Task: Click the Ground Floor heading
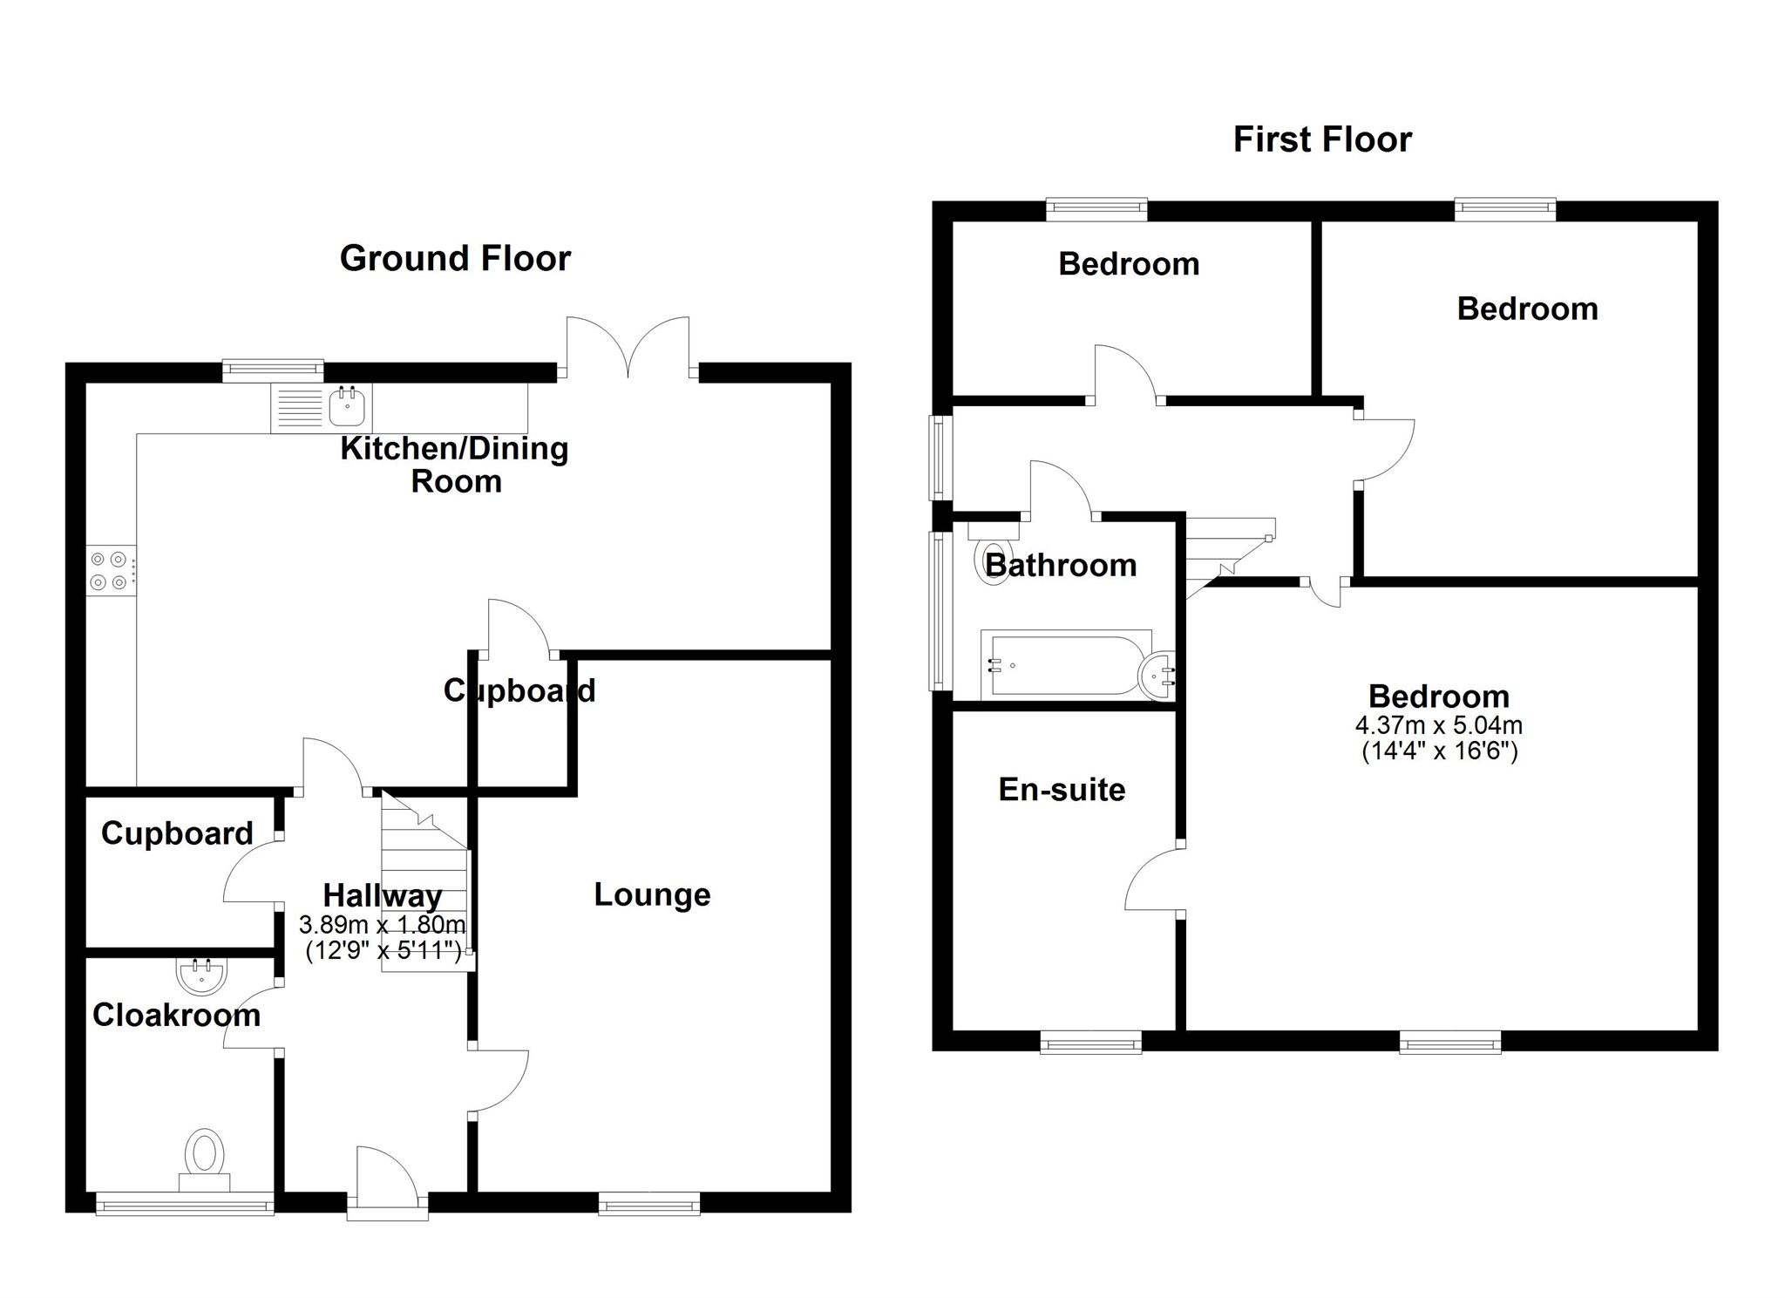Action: (x=455, y=258)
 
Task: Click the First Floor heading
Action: (x=1322, y=139)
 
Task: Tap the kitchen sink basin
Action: (x=347, y=407)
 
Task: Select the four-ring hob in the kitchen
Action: (x=111, y=570)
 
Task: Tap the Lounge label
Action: (x=652, y=894)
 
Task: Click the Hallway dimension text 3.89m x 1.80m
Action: (x=382, y=924)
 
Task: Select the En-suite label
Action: (x=1062, y=790)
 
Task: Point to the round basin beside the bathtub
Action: (x=1158, y=676)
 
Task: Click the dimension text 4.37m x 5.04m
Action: (x=1439, y=725)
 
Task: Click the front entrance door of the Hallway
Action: (x=387, y=1180)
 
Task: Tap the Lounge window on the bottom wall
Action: (x=649, y=1206)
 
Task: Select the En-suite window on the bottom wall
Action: (x=1091, y=1042)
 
